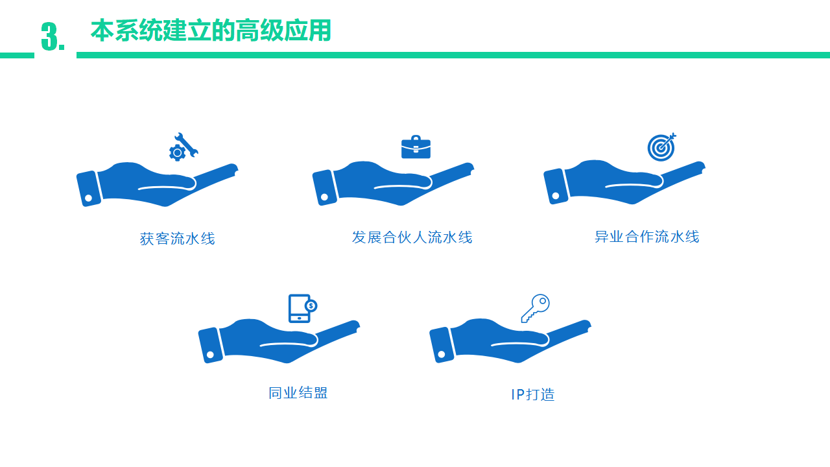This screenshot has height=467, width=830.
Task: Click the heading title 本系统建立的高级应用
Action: (x=211, y=30)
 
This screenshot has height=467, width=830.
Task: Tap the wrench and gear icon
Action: (x=184, y=147)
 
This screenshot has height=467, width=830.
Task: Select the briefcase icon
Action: (x=416, y=147)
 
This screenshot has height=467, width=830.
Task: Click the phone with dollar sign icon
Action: (x=303, y=308)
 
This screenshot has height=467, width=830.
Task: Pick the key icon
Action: (x=536, y=308)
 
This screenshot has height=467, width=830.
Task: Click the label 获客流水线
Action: (x=178, y=239)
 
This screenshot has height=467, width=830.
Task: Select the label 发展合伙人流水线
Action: (x=412, y=237)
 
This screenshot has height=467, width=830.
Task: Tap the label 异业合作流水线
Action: (x=647, y=237)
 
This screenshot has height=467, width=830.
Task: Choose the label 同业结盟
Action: (x=298, y=393)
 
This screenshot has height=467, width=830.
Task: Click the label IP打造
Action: (x=533, y=394)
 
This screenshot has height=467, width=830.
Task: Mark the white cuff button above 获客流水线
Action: (x=89, y=198)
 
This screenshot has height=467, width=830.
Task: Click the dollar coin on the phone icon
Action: (x=311, y=305)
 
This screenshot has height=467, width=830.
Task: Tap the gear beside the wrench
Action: (x=177, y=152)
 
